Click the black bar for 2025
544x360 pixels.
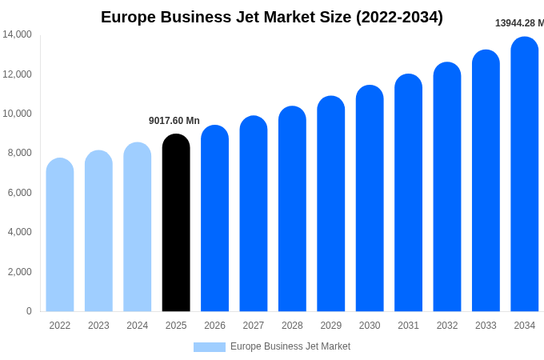[x=176, y=224]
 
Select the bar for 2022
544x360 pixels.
[x=60, y=236]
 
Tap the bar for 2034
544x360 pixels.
[x=525, y=176]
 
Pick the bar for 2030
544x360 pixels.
[x=370, y=200]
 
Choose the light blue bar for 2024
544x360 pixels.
[x=138, y=228]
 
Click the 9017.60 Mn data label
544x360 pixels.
[x=174, y=121]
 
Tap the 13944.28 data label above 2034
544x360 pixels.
[x=518, y=23]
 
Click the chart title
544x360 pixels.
[x=272, y=17]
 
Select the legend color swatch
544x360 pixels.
[x=210, y=347]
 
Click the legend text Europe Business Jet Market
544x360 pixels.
[x=290, y=346]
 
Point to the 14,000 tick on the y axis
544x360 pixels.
[x=17, y=34]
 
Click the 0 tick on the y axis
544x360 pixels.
[x=29, y=311]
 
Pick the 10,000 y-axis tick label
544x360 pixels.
[x=17, y=114]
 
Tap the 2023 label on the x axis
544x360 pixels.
[x=98, y=326]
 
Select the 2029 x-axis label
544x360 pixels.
[x=331, y=326]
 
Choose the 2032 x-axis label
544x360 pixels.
[x=447, y=326]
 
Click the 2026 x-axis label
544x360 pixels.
[x=214, y=326]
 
